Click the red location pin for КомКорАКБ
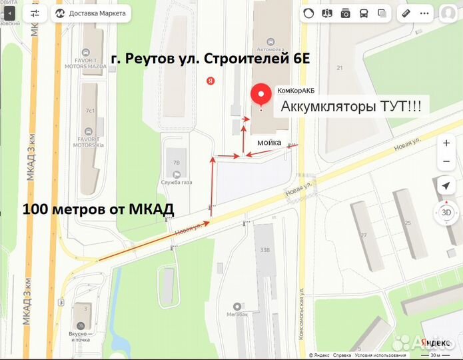(260, 95)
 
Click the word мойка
(269, 141)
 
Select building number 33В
(264, 251)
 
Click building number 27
(364, 235)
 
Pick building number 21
(339, 68)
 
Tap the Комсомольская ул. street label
(301, 314)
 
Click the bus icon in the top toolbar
(364, 13)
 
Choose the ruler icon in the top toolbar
(406, 13)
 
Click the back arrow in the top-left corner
(9, 13)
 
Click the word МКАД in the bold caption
(151, 209)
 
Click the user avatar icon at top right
(448, 13)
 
